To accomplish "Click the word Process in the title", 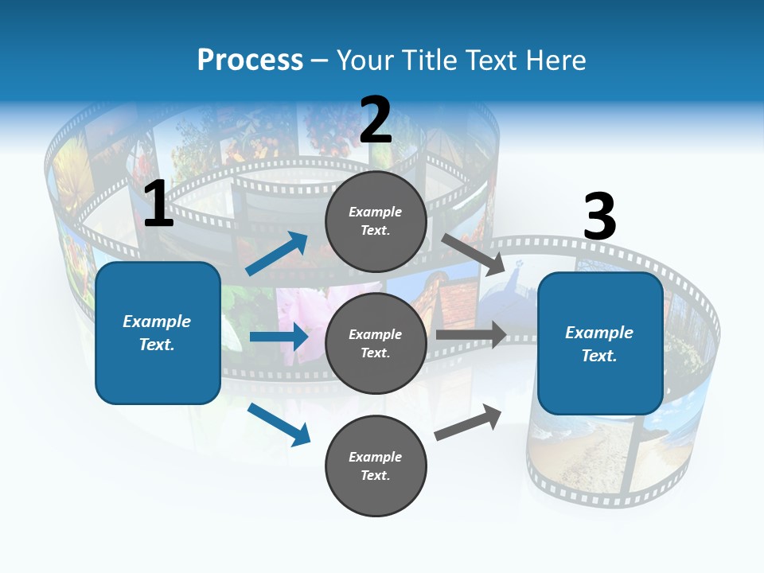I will click(x=250, y=60).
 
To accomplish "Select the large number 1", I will click(x=158, y=205).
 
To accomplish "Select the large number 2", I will click(x=376, y=120).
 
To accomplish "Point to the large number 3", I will click(x=599, y=217).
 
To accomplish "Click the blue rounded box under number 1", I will click(x=158, y=333).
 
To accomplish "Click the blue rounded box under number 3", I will click(x=600, y=344).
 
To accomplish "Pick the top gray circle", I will click(x=376, y=221).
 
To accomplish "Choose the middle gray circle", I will click(x=376, y=343).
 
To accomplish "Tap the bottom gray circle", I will click(x=376, y=466).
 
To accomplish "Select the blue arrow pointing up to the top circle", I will click(x=277, y=254).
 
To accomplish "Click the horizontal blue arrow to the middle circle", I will click(x=279, y=337).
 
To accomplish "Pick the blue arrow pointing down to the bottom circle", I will click(x=279, y=424).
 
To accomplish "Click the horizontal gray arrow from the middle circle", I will click(x=470, y=335).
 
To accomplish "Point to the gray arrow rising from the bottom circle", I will click(x=468, y=423).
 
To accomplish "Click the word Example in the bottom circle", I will click(x=376, y=457).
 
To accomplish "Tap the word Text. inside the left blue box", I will click(x=158, y=345).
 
